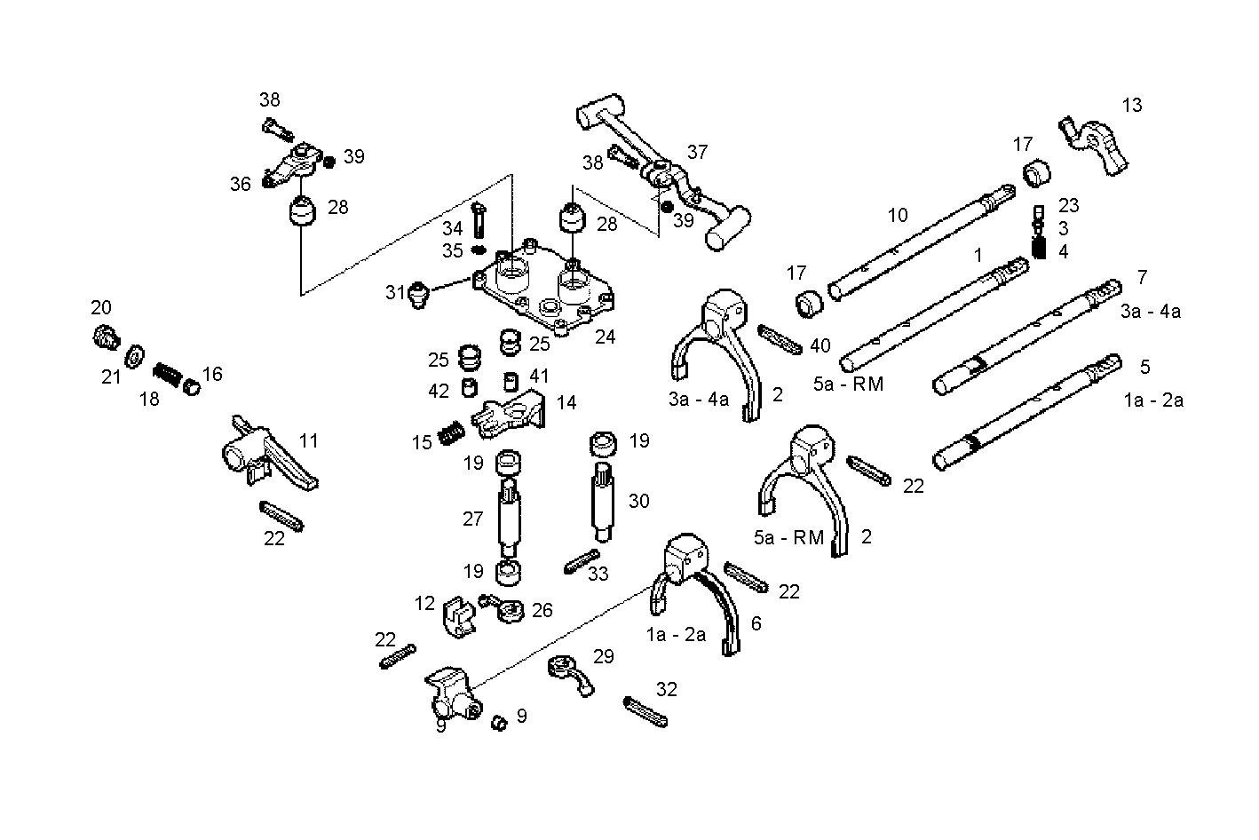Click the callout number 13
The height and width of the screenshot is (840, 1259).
(1131, 106)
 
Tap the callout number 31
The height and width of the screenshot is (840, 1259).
(395, 292)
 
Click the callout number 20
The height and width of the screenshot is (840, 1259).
(101, 308)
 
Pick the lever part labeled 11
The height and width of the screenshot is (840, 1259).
(266, 453)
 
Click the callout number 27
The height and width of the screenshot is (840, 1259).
(472, 519)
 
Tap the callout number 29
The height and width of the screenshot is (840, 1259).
(604, 657)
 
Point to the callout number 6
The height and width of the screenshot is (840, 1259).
(756, 624)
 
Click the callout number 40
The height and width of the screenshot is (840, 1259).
(820, 345)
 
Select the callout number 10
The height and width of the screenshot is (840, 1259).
(898, 215)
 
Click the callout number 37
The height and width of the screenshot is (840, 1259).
(697, 152)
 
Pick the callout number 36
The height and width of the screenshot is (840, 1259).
(241, 184)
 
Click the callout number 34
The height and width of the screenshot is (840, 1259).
(453, 230)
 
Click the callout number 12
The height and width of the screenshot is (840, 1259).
(424, 604)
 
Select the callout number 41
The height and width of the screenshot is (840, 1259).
(540, 376)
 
